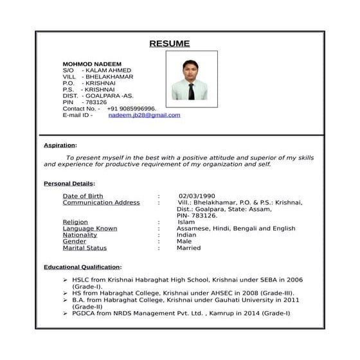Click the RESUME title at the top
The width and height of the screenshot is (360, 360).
coord(169,44)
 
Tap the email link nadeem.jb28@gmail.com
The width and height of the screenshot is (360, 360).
coord(144,115)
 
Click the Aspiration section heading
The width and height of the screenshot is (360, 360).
coord(59,145)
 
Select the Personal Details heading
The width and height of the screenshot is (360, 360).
coord(68,184)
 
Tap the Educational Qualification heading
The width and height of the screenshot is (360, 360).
coord(82,267)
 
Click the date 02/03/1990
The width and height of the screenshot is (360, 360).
coord(197,196)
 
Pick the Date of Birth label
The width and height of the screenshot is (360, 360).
coord(82,196)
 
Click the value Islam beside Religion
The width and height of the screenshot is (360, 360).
coord(186,222)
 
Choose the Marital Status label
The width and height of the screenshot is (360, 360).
coord(84,248)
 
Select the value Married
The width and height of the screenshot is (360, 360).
coord(188,248)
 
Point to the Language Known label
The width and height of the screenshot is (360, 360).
coord(89,228)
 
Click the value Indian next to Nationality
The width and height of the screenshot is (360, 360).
coord(186,235)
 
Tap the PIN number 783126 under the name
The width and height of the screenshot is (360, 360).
coord(96,102)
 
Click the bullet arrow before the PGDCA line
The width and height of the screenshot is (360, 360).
coord(65,313)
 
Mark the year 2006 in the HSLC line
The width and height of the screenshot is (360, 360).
coord(294,280)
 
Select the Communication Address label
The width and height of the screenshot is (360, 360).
coord(101,203)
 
